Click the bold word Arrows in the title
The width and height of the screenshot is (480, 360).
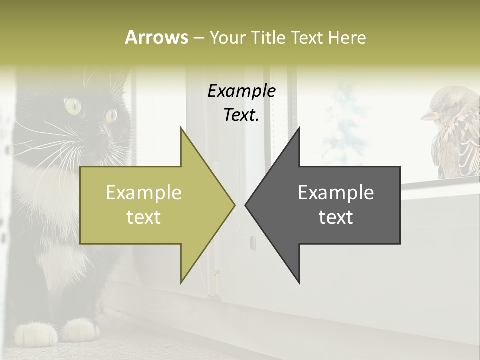pyautogui.click(x=156, y=37)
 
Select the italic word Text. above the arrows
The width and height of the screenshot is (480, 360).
pyautogui.click(x=241, y=115)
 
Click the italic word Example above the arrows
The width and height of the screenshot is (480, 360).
pyautogui.click(x=241, y=91)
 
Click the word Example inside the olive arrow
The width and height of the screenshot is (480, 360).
pyautogui.click(x=144, y=193)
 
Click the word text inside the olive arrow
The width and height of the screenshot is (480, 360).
pyautogui.click(x=144, y=217)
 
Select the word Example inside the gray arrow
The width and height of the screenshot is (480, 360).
pyautogui.click(x=336, y=193)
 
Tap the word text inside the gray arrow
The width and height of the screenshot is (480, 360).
pyautogui.click(x=336, y=217)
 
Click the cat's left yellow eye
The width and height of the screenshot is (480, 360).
pyautogui.click(x=73, y=105)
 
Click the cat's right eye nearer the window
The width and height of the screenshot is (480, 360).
pyautogui.click(x=111, y=115)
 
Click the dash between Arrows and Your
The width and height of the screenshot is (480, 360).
pyautogui.click(x=198, y=38)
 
